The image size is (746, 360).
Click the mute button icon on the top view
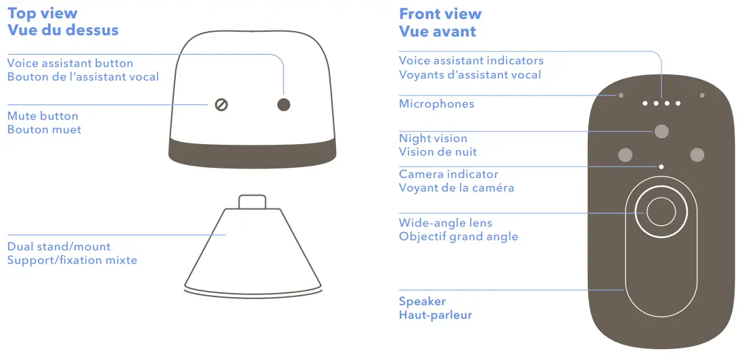pos(220,104)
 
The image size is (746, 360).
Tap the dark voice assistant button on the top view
pos(284,104)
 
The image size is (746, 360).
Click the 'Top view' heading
pos(42,14)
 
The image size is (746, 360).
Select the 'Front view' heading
pos(440,14)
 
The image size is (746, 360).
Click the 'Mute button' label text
pos(43,116)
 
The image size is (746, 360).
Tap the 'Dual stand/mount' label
pos(59,246)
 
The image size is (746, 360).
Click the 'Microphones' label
pos(436,104)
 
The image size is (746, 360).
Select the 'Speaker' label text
pos(422,301)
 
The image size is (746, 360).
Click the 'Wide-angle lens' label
pos(445,223)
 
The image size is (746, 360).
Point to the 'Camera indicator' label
pos(448,174)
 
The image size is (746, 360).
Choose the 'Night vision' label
pos(433,138)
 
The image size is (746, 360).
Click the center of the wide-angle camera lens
pos(661,212)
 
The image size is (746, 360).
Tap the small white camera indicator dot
pos(661,166)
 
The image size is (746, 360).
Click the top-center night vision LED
pos(661,131)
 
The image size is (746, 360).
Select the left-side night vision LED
pos(625,155)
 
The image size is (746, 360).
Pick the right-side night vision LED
pos(697,155)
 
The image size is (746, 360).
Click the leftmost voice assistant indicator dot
pos(645,104)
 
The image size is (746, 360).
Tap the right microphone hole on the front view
pos(703,95)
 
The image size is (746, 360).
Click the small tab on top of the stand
pos(252,202)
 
